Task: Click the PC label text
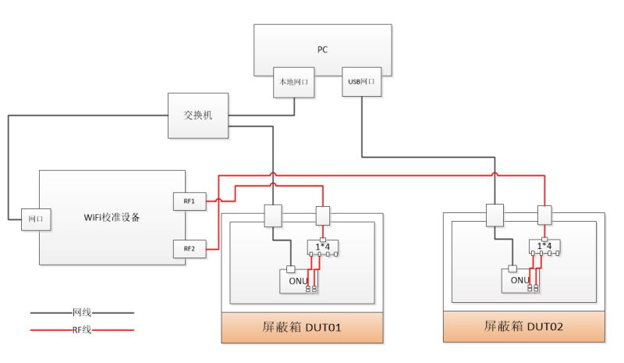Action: tap(322, 49)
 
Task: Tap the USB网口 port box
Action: tap(362, 81)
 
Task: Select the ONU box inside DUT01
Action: tap(295, 280)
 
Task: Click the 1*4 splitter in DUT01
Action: tap(323, 248)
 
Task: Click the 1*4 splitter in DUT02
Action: tap(544, 248)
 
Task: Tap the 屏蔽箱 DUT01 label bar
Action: tap(302, 326)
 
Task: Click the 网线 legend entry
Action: tap(82, 311)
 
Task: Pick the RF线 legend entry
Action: tap(82, 330)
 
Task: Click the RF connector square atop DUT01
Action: tap(323, 214)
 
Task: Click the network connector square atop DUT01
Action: tap(273, 214)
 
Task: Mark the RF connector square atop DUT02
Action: tap(544, 214)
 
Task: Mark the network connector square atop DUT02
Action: tap(495, 214)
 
